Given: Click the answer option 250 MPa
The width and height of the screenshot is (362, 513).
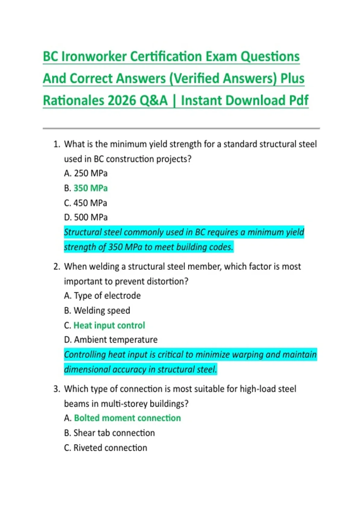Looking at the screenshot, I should click(x=91, y=173).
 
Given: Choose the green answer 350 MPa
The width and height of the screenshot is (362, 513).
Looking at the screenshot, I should click(x=91, y=188).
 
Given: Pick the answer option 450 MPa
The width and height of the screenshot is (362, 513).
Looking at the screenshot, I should click(x=90, y=203).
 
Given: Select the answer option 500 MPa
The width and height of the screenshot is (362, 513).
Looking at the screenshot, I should click(x=91, y=217).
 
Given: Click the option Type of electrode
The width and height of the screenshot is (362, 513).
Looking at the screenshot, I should click(x=107, y=295).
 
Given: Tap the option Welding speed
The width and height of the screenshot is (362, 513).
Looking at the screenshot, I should click(x=102, y=310).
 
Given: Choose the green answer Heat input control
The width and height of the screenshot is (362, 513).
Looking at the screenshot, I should click(x=109, y=325).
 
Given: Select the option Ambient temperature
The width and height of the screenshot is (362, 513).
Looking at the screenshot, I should click(x=116, y=340).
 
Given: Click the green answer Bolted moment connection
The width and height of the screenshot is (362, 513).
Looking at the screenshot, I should click(x=127, y=418).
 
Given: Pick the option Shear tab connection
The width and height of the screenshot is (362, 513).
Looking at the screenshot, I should click(x=114, y=433).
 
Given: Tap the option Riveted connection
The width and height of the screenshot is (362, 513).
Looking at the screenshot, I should click(x=110, y=448).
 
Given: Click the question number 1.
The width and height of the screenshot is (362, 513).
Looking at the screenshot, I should click(x=56, y=144).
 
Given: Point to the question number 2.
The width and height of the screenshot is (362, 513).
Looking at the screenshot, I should click(x=56, y=266).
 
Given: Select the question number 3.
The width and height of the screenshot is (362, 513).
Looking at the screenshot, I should click(x=56, y=389).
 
